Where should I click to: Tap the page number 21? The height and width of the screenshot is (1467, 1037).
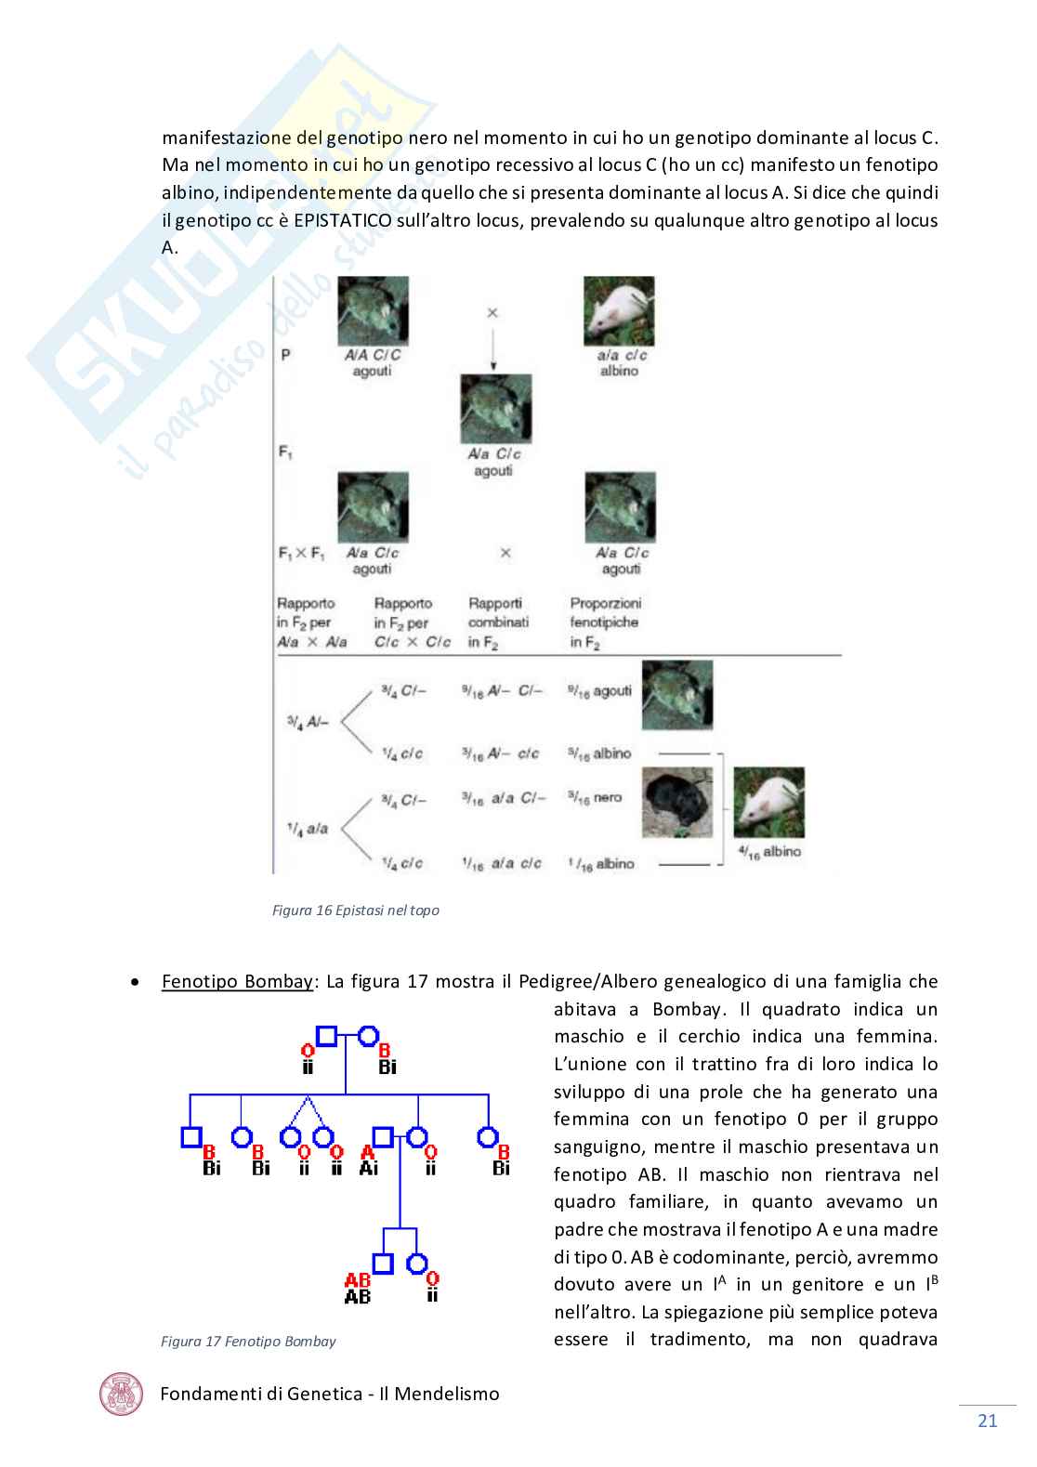point(987,1421)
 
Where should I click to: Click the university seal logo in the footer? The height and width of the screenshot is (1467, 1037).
point(122,1394)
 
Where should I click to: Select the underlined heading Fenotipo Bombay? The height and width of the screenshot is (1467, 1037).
point(237,982)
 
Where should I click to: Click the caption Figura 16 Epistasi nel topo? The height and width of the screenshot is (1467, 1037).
point(355,910)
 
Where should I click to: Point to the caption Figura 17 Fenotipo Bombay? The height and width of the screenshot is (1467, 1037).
point(248,1342)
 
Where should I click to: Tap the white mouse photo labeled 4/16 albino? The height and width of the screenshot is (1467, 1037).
point(768,804)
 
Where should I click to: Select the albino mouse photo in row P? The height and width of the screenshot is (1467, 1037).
point(619,311)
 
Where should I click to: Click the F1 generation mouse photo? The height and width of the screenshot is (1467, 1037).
point(496,409)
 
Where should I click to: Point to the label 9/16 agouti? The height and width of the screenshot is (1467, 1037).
point(600,691)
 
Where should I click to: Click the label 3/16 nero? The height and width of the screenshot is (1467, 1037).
point(595,797)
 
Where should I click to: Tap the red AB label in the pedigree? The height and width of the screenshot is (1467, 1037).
point(357,1280)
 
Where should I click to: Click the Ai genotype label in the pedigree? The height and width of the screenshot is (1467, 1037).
point(369,1169)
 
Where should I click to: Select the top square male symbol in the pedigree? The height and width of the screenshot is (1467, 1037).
point(325,1034)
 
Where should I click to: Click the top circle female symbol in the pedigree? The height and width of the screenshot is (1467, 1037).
point(368,1034)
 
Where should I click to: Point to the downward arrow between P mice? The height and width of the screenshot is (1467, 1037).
point(493,348)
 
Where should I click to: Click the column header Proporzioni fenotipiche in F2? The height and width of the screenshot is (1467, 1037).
point(605,622)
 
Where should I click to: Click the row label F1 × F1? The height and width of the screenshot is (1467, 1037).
point(302,553)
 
